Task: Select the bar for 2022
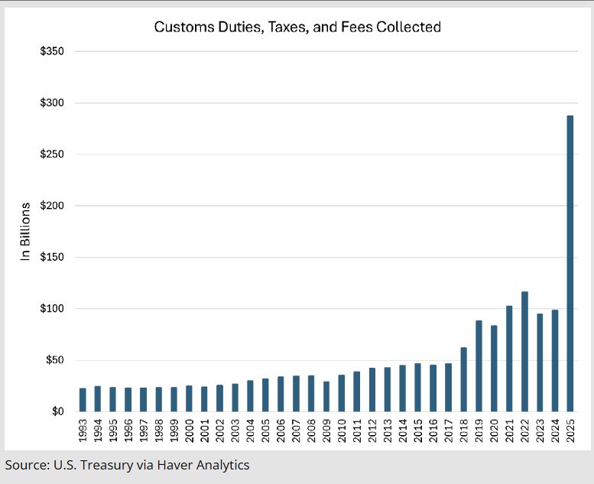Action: point(524,352)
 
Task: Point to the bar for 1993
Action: point(83,400)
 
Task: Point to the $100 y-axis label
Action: point(52,309)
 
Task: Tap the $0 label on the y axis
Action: point(57,412)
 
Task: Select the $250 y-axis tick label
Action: point(52,154)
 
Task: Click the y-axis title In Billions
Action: point(25,232)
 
